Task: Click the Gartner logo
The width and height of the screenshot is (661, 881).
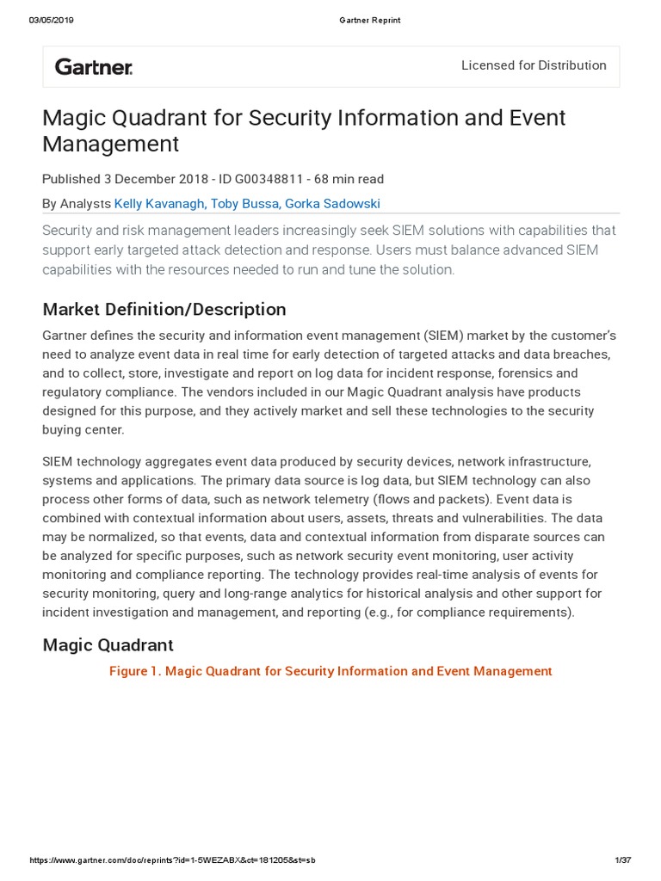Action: pos(94,66)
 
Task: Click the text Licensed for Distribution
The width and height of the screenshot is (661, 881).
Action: pos(534,65)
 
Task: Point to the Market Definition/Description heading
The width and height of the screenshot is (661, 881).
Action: pos(164,309)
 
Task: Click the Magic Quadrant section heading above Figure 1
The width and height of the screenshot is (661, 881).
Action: pos(108,644)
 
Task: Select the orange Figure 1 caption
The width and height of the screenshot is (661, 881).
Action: pos(330,671)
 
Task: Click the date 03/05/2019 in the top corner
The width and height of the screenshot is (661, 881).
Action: pos(52,21)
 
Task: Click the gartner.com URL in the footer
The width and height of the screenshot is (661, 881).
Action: pos(172,860)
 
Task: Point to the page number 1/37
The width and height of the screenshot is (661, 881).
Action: pos(623,860)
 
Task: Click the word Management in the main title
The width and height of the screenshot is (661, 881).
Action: pos(111,143)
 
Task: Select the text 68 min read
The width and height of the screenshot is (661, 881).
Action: pos(349,179)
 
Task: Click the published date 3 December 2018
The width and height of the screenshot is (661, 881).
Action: pos(156,179)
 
